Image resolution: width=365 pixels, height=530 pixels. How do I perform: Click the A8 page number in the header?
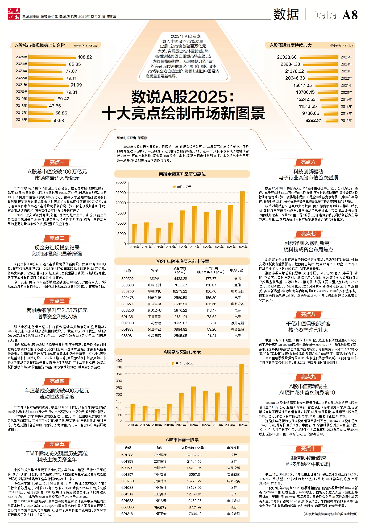(x=350, y=15)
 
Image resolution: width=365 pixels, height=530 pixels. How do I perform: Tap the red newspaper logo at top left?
(x=14, y=14)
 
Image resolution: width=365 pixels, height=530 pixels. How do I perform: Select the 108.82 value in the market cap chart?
(x=85, y=57)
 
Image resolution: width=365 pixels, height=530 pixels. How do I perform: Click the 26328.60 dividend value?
(x=287, y=57)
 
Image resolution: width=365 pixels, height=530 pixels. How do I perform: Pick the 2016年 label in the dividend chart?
(x=346, y=120)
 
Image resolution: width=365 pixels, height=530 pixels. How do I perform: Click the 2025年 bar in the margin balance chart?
(x=242, y=217)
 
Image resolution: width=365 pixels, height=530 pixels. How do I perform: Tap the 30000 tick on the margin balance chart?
(x=121, y=182)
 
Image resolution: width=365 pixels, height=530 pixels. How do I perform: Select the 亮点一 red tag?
(x=57, y=162)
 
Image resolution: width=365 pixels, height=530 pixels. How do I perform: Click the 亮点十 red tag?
(x=308, y=449)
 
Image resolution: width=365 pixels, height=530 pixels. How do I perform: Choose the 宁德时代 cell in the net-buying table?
(x=154, y=291)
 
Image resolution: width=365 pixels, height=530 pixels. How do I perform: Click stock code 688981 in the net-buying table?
(x=127, y=336)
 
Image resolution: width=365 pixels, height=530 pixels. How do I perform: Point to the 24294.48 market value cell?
(x=194, y=455)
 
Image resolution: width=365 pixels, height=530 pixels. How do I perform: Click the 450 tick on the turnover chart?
(x=119, y=360)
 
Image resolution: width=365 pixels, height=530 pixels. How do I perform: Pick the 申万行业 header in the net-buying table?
(x=236, y=270)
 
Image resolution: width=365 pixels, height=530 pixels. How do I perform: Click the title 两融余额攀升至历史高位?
(x=182, y=174)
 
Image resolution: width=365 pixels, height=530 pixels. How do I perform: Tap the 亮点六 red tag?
(x=308, y=162)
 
